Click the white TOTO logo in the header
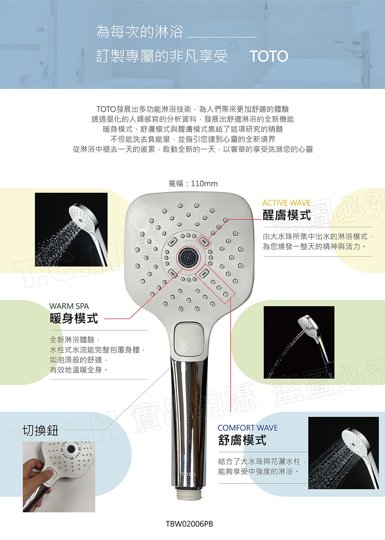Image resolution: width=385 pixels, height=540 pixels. pos(269,56)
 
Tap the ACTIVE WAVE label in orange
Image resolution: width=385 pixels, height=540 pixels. pos(286,203)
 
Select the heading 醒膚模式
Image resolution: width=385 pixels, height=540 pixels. pos(286,215)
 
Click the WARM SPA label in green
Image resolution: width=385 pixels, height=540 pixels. pos(69,306)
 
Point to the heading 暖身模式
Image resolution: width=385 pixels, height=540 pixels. pos(74,318)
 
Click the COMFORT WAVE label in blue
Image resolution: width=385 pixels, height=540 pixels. pos(248,428)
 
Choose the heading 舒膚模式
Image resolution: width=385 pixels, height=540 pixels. pos(242,440)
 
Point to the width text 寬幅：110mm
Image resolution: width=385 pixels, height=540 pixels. pos(193,184)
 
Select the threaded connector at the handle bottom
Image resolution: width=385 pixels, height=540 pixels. pos(189,492)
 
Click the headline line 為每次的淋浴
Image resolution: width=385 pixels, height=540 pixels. pos(139,32)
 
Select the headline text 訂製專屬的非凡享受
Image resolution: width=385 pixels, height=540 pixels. pos(162,56)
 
